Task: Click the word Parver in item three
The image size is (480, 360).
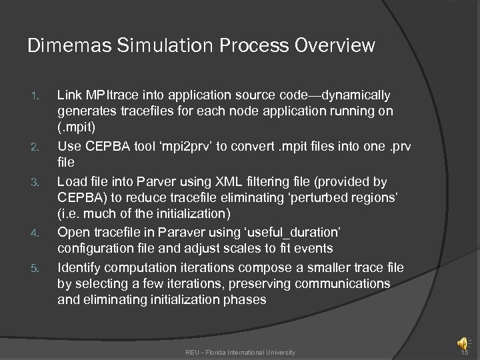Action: click(x=151, y=181)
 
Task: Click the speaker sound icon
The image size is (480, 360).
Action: click(x=461, y=343)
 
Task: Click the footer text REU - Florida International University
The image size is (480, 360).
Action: click(x=241, y=351)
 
